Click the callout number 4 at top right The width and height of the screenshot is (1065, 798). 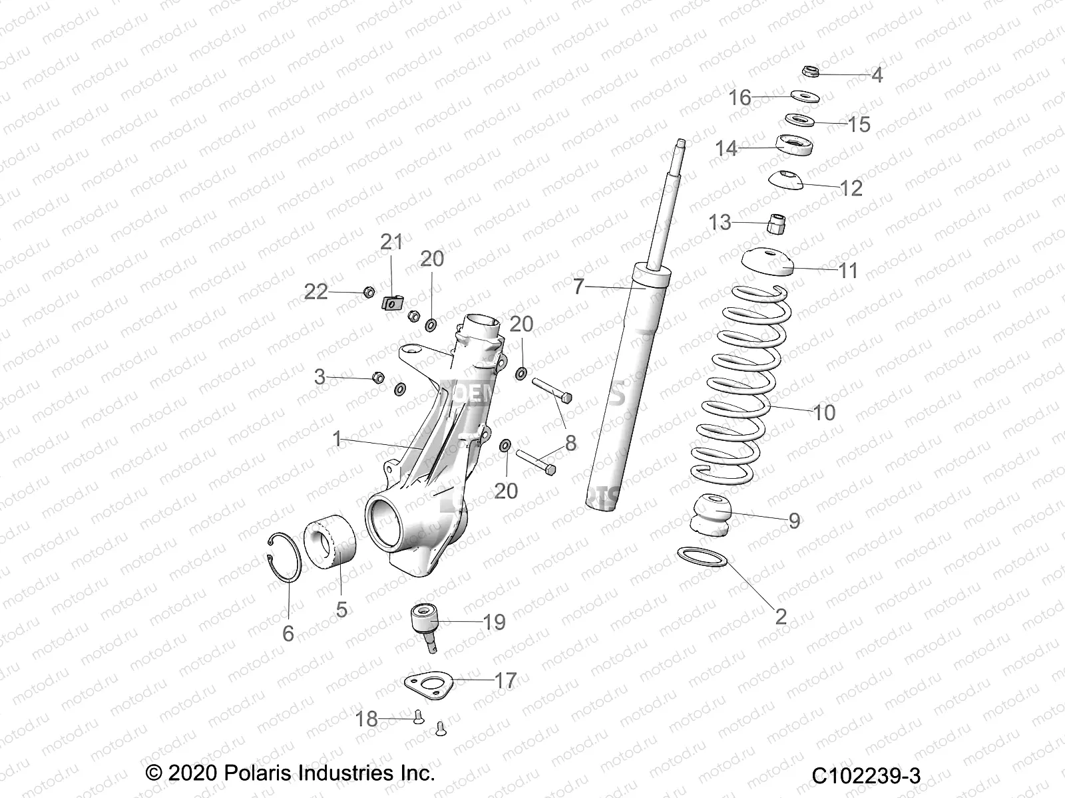877,75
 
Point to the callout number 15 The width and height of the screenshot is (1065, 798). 859,124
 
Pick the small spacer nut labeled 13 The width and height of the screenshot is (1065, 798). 774,223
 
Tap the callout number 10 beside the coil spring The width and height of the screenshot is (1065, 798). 824,412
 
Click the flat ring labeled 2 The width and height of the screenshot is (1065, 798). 701,557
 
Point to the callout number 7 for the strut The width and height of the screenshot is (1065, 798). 578,287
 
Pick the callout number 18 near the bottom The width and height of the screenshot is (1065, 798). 367,719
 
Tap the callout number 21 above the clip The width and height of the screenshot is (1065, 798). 391,242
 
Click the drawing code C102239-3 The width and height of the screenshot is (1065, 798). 865,775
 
